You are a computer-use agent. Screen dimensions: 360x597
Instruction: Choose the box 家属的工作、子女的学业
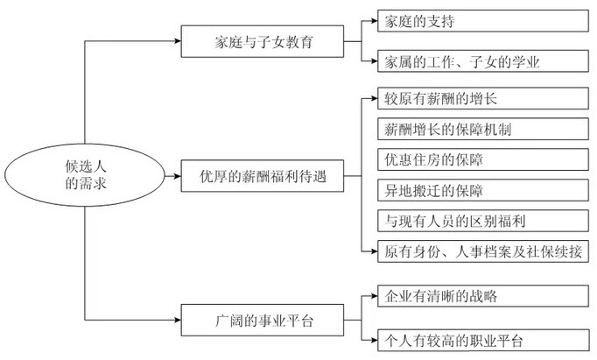click(x=477, y=61)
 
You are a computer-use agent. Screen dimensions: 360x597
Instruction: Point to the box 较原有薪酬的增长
click(x=477, y=101)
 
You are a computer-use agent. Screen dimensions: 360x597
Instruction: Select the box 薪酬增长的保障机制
click(x=477, y=131)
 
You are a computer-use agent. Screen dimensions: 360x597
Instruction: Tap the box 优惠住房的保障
click(x=477, y=160)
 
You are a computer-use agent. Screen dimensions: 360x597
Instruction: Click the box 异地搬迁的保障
click(x=477, y=191)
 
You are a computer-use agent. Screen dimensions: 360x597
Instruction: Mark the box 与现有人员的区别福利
click(x=477, y=221)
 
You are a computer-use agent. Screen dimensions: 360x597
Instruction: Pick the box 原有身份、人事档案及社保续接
click(x=477, y=251)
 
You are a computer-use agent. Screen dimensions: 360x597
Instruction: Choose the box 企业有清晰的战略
click(x=477, y=296)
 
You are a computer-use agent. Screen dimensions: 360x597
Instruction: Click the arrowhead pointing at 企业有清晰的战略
click(x=372, y=296)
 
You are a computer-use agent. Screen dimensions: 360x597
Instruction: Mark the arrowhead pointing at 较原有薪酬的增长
click(x=372, y=101)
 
